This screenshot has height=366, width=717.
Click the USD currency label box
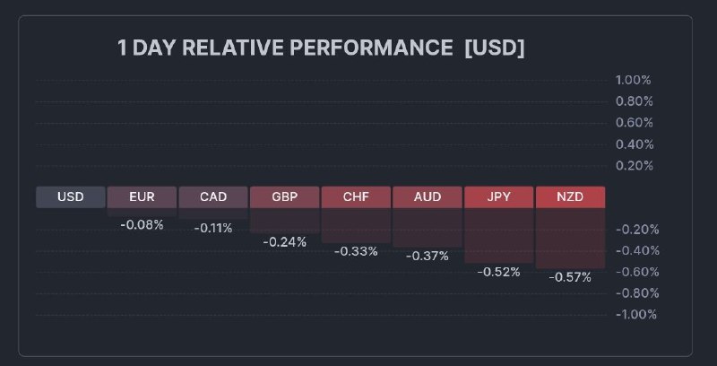pyautogui.click(x=71, y=197)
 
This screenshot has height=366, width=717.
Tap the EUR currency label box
pyautogui.click(x=142, y=197)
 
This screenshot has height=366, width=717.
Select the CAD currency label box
pyautogui.click(x=213, y=197)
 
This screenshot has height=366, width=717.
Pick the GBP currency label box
pyautogui.click(x=284, y=197)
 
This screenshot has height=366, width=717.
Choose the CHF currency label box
pyautogui.click(x=356, y=197)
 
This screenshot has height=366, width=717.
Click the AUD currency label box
pyautogui.click(x=427, y=197)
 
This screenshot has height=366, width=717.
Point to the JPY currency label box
pyautogui.click(x=498, y=197)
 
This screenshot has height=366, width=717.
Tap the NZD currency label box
pyautogui.click(x=570, y=197)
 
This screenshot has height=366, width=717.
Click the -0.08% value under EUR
pyautogui.click(x=142, y=225)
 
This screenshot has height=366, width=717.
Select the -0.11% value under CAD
pyautogui.click(x=213, y=229)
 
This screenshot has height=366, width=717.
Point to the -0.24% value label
pyautogui.click(x=284, y=241)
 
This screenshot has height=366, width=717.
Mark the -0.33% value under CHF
pyautogui.click(x=356, y=251)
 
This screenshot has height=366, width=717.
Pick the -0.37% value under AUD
pyautogui.click(x=427, y=256)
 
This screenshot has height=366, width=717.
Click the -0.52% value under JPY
pyautogui.click(x=498, y=272)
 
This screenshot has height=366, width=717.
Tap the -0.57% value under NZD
pyautogui.click(x=570, y=277)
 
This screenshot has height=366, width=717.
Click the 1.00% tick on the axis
pyautogui.click(x=634, y=80)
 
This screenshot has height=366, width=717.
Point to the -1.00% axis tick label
pyautogui.click(x=635, y=314)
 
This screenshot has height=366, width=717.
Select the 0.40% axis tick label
pyautogui.click(x=634, y=144)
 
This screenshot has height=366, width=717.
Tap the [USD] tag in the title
pyautogui.click(x=494, y=48)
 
